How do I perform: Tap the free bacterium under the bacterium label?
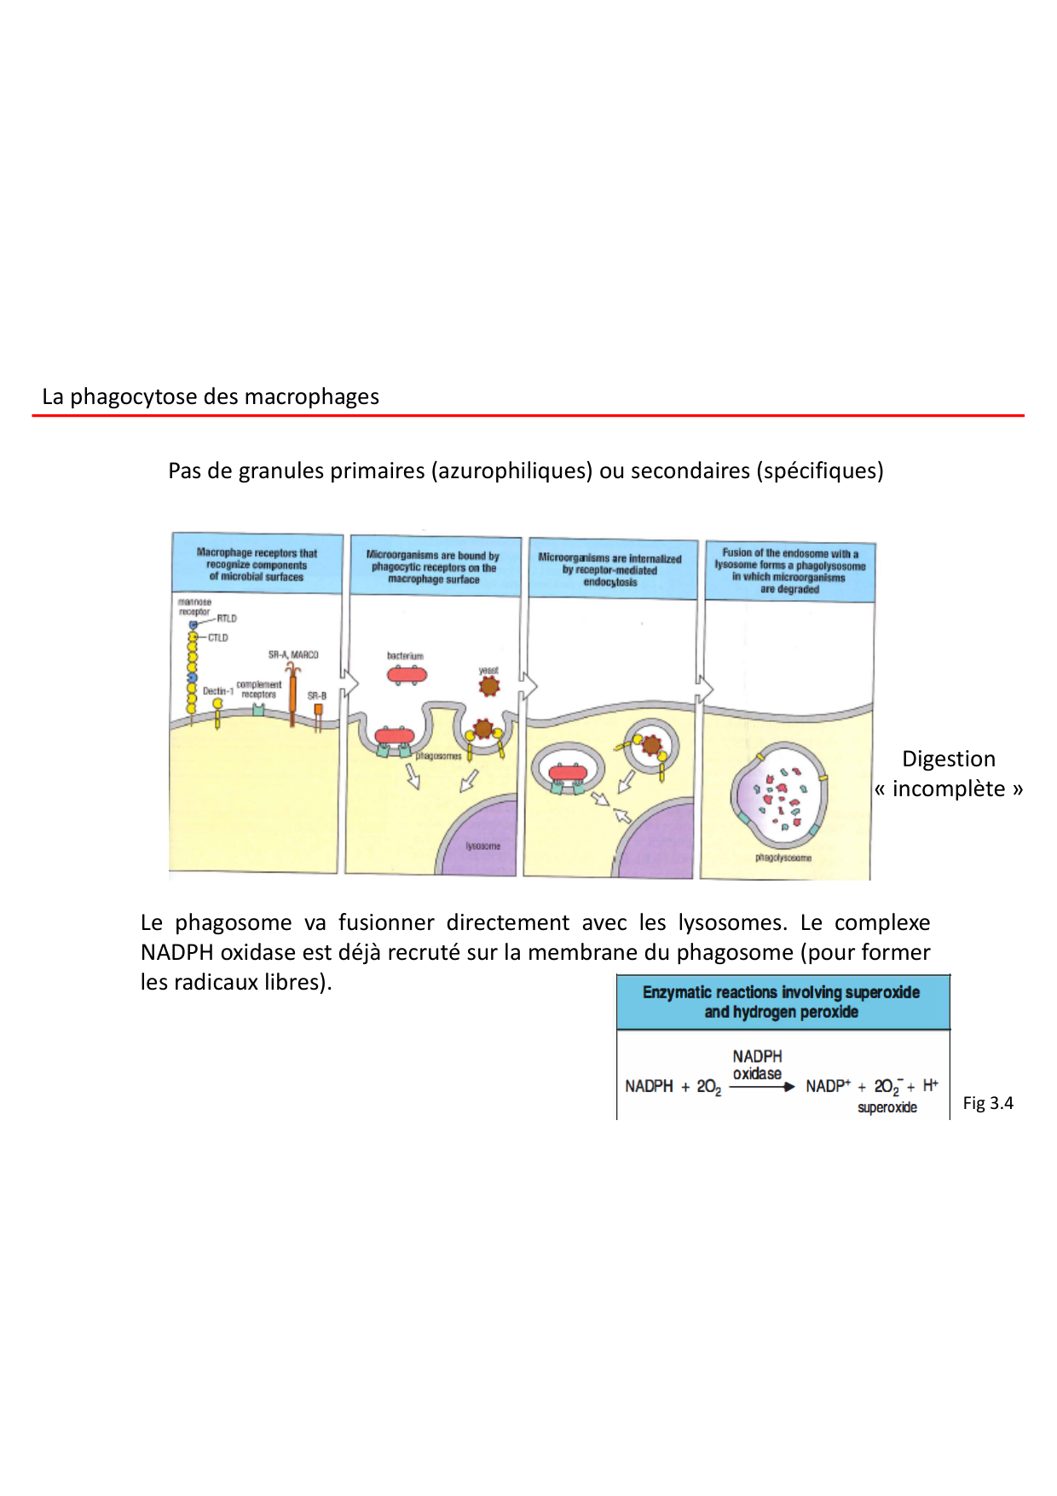pos(407,675)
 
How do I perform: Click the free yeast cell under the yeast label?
pos(488,685)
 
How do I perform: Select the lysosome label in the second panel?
pos(482,846)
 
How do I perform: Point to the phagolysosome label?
pos(783,858)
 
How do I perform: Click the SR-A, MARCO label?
pos(293,655)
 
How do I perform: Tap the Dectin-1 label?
pos(217,691)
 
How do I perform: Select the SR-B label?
pos(317,696)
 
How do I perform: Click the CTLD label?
pos(217,638)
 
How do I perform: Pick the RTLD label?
pos(226,619)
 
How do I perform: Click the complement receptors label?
pos(258,690)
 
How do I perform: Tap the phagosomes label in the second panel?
pos(438,756)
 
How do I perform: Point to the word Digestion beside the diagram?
pos(948,759)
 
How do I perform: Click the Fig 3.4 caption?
pos(988,1103)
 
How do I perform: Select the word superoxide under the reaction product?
pos(887,1107)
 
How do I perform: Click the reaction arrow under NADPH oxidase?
pos(761,1087)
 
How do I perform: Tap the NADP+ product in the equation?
pos(828,1086)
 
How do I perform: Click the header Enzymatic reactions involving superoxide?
pos(781,992)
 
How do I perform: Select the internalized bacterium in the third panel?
pos(568,773)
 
